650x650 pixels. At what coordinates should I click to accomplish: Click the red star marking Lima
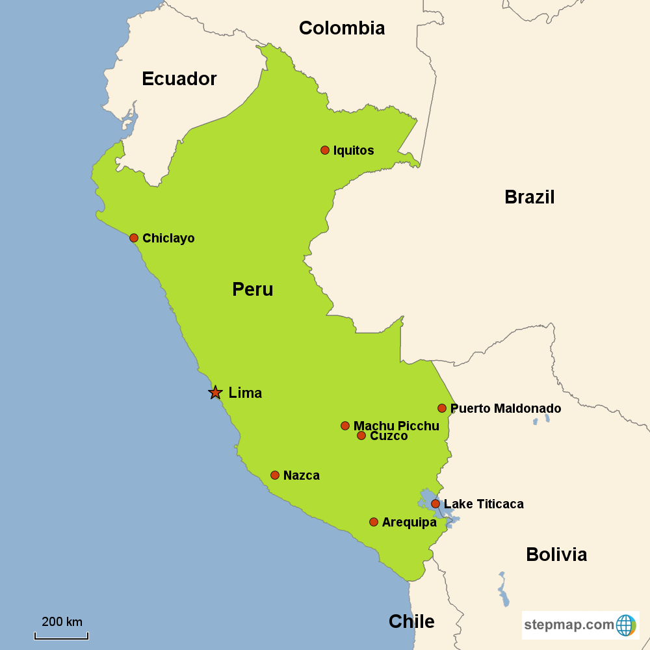tap(215, 393)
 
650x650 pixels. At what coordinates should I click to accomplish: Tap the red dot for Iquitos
tap(325, 150)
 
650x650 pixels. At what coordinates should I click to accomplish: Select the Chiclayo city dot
tap(134, 238)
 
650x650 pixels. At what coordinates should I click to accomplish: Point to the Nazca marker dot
tap(275, 475)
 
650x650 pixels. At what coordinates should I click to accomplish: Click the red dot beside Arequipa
tap(374, 522)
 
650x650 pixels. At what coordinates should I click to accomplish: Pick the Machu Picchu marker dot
tap(345, 426)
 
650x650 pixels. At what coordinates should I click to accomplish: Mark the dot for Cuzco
tap(361, 435)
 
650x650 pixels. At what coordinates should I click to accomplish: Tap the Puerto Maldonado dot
tap(442, 408)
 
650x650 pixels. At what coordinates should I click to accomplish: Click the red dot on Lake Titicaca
tap(435, 504)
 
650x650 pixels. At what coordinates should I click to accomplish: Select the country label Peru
tap(253, 289)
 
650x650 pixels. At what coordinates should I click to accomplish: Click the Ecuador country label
tap(179, 79)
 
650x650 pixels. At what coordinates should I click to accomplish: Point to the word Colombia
tap(342, 28)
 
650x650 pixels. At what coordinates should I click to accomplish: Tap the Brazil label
tap(530, 197)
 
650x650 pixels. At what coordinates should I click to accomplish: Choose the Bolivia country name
tap(556, 554)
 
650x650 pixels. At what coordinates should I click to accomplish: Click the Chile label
tap(411, 621)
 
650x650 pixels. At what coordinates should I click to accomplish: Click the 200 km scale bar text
tap(62, 621)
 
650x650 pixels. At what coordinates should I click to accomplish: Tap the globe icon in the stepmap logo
tap(626, 625)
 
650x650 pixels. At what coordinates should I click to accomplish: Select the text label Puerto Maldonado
tap(506, 408)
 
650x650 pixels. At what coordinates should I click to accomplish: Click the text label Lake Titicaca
tap(484, 504)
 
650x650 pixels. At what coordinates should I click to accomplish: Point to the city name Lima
tap(245, 393)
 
